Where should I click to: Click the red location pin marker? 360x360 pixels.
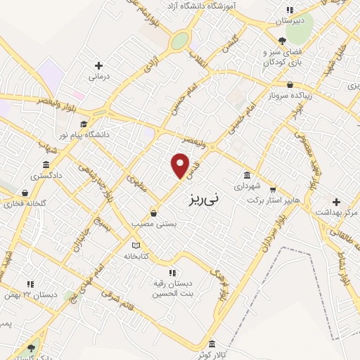180,165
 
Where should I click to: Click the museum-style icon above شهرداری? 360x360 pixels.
247,176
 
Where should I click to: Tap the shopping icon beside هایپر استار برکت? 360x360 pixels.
273,189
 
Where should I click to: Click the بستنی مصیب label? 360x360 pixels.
154,224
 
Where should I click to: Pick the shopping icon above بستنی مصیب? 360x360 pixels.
154,213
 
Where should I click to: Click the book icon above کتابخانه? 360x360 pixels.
136,245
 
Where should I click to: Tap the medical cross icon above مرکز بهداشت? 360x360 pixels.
336,201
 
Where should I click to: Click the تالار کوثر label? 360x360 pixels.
212,354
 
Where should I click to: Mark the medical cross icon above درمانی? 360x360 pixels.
98,65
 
